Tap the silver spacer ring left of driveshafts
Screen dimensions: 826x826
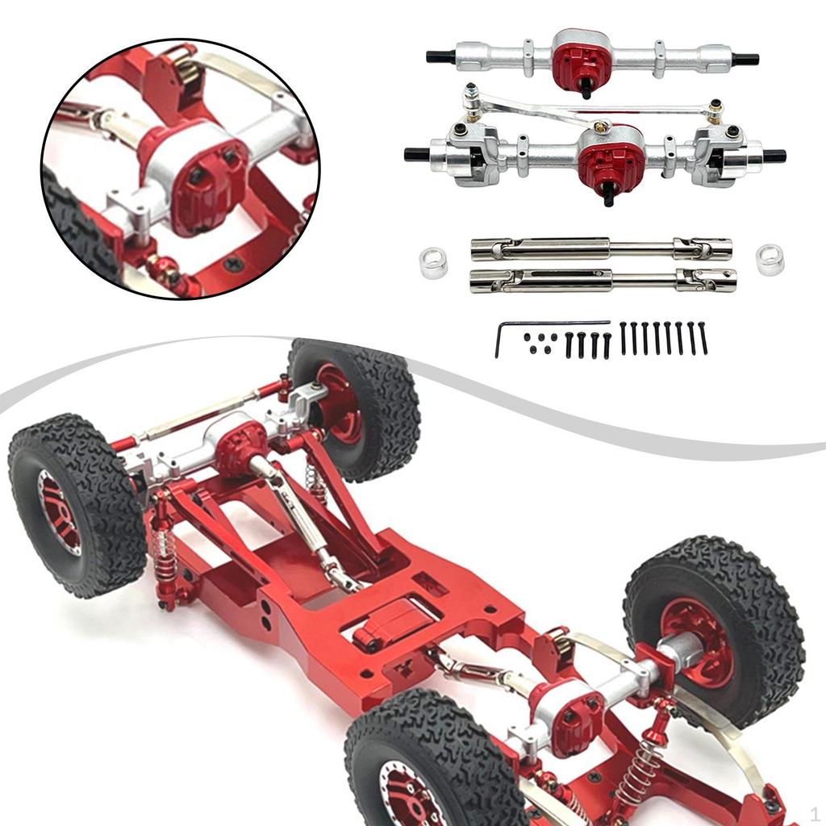click(x=433, y=264)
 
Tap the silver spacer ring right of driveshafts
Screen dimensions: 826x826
click(x=770, y=260)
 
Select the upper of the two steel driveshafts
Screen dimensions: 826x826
click(x=601, y=248)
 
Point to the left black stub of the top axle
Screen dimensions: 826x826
click(x=440, y=56)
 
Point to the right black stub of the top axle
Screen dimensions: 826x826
click(x=745, y=59)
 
